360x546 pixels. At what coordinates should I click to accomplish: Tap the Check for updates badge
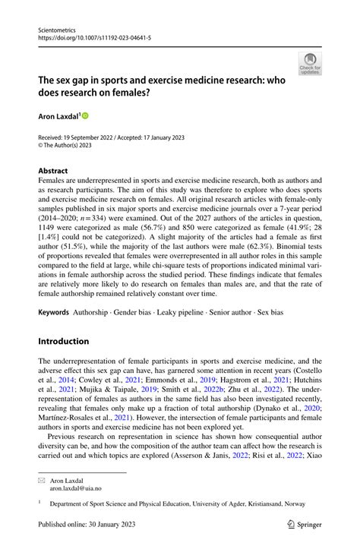(309, 64)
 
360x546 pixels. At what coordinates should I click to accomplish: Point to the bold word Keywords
(53, 312)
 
